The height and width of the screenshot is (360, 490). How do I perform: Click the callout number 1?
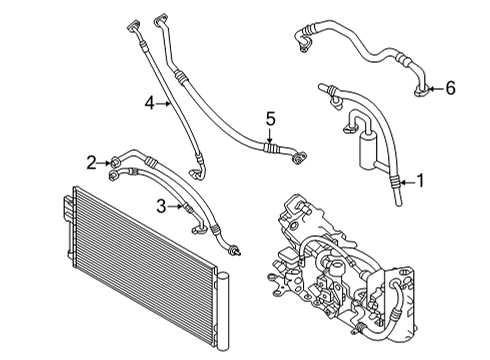pyautogui.click(x=420, y=181)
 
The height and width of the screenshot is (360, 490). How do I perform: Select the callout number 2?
pyautogui.click(x=91, y=163)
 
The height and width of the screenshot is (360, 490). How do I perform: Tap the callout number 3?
pyautogui.click(x=161, y=206)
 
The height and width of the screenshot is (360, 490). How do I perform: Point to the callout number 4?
pyautogui.click(x=150, y=103)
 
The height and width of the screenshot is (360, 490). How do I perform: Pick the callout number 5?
pyautogui.click(x=270, y=119)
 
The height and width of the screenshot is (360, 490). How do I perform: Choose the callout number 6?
pyautogui.click(x=450, y=88)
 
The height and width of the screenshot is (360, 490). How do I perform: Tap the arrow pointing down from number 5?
pyautogui.click(x=270, y=136)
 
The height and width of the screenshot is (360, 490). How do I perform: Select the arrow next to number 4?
pyautogui.click(x=164, y=104)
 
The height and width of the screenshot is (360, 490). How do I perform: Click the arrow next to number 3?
pyautogui.click(x=176, y=207)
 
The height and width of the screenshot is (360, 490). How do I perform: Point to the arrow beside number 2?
pyautogui.click(x=104, y=163)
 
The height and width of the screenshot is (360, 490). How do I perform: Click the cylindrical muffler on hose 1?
pyautogui.click(x=368, y=150)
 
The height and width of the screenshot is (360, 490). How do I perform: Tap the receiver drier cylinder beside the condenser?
pyautogui.click(x=223, y=311)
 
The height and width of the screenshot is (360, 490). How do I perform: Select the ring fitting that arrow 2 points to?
pyautogui.click(x=115, y=162)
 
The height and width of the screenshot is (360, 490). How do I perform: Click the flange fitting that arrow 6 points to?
pyautogui.click(x=421, y=91)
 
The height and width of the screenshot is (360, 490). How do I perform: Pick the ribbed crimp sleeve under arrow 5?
pyautogui.click(x=270, y=148)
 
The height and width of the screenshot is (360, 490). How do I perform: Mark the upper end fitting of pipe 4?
pyautogui.click(x=134, y=26)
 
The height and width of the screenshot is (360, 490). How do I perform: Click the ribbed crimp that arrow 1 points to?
pyautogui.click(x=395, y=182)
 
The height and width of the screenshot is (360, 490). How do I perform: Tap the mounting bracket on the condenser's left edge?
pyautogui.click(x=68, y=207)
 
